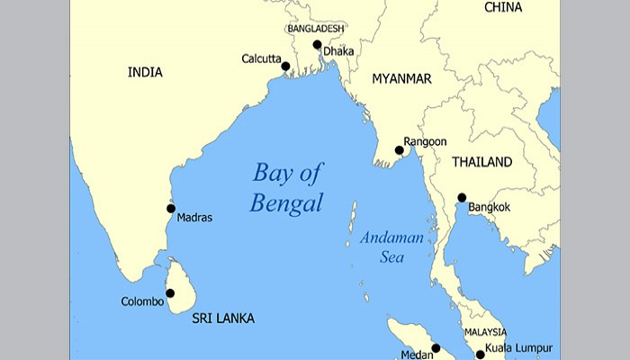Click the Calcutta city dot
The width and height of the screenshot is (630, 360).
click(285, 66)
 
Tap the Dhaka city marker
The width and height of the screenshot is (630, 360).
click(317, 44)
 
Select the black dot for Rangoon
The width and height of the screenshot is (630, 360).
click(400, 150)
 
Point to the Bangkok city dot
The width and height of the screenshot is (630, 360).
click(462, 198)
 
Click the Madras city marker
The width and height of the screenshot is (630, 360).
click(171, 208)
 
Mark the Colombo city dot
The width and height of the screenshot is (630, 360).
click(170, 292)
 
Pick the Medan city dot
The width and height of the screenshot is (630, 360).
click(436, 347)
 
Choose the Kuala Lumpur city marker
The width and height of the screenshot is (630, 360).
click(480, 355)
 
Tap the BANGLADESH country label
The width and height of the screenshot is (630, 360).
click(316, 29)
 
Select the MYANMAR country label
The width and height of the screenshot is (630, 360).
click(401, 79)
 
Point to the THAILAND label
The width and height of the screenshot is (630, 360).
click(482, 163)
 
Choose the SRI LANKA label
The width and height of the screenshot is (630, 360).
click(223, 319)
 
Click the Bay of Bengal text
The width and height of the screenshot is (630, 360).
click(286, 187)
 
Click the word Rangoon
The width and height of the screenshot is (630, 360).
click(426, 140)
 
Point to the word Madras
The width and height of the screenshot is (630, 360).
click(195, 218)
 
